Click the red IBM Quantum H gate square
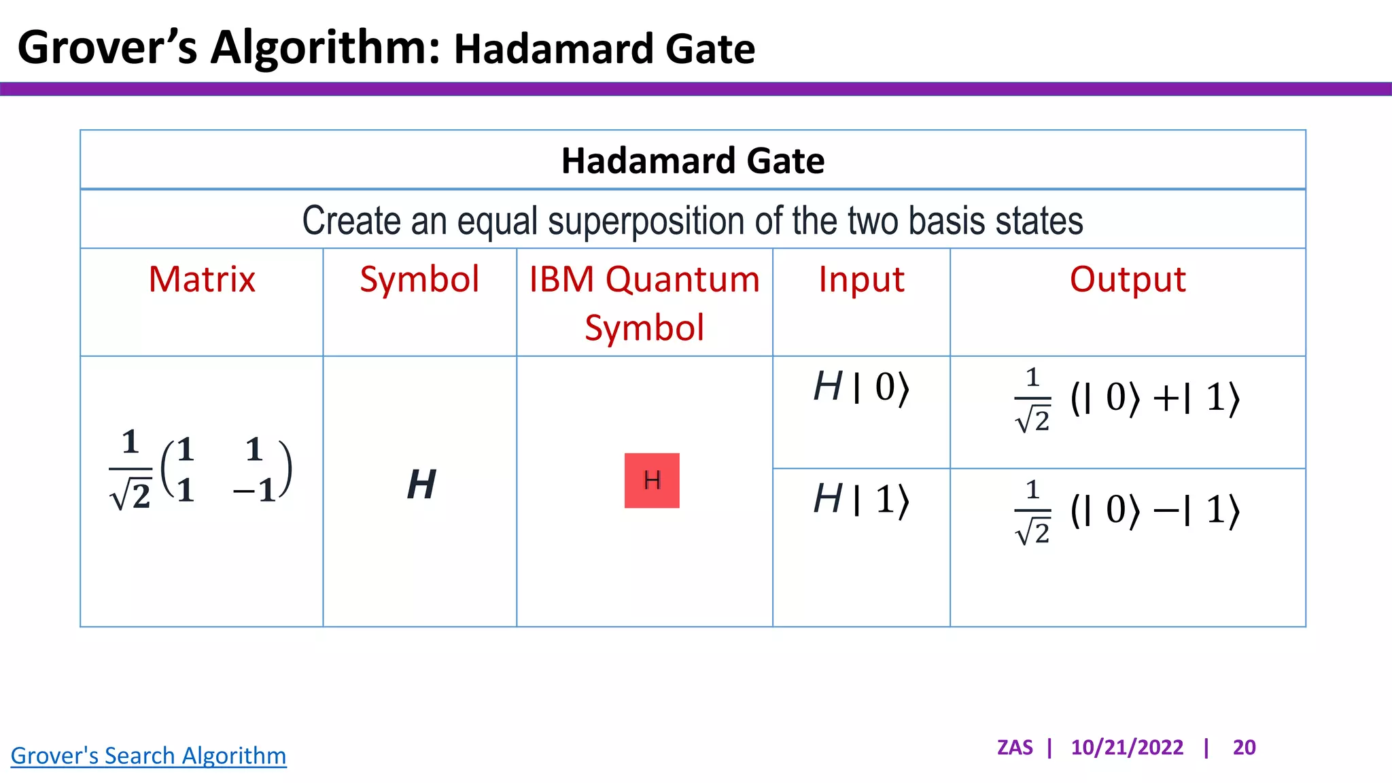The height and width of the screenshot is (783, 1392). [651, 481]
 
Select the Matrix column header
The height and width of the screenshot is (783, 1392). [202, 279]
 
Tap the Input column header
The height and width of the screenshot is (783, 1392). [861, 279]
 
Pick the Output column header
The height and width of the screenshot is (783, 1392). [1128, 279]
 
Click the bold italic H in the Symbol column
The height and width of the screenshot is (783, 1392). [421, 485]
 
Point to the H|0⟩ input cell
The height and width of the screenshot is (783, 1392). [861, 387]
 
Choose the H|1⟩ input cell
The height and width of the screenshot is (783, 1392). [861, 500]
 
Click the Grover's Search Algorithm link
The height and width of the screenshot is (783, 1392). [148, 755]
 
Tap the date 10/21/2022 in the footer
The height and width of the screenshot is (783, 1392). [1127, 747]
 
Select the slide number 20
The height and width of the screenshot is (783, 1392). [1244, 747]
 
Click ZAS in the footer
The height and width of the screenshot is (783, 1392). [1015, 747]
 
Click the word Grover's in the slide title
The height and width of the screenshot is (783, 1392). [107, 48]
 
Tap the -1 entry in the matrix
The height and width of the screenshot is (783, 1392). [256, 489]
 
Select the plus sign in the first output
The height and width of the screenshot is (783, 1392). [1166, 398]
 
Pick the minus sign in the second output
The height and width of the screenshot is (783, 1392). [1166, 510]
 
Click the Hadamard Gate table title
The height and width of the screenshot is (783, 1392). [693, 160]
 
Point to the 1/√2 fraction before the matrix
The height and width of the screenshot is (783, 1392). [130, 470]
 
